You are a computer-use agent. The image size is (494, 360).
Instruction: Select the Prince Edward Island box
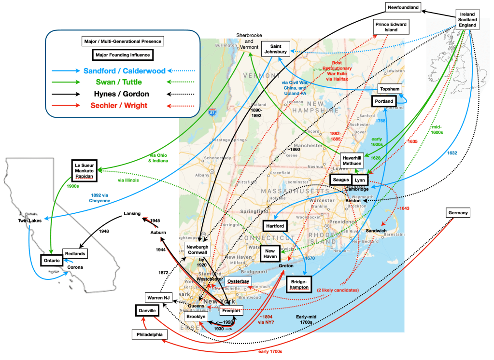(x=391, y=27)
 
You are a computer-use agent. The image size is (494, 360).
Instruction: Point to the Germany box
(x=457, y=213)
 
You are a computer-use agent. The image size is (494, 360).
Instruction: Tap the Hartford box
(x=274, y=226)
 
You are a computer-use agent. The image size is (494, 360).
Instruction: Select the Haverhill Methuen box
(x=352, y=161)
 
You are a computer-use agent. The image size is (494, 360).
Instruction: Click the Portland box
(x=383, y=101)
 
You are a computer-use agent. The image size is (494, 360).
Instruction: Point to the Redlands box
(x=75, y=254)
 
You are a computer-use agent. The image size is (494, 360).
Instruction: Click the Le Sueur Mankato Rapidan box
(x=84, y=169)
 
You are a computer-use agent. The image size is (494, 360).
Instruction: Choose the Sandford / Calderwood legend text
(x=124, y=70)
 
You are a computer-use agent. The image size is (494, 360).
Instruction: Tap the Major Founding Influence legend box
(x=122, y=55)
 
